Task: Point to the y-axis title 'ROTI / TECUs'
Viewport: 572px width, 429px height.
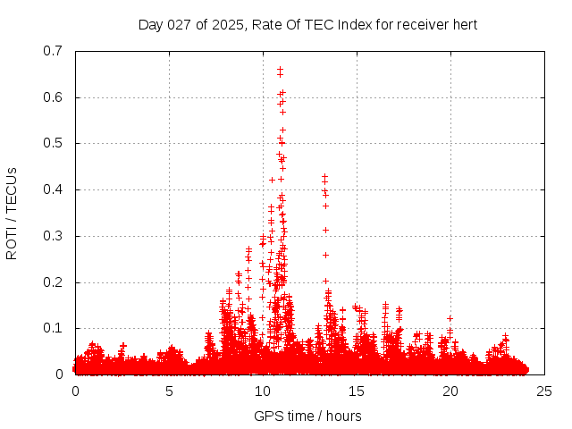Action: [12, 213]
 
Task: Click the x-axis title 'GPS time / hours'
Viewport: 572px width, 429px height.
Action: [307, 416]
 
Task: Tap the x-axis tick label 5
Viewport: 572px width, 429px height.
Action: [169, 391]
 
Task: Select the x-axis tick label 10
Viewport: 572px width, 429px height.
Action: [263, 391]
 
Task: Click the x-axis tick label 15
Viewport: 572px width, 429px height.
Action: [357, 391]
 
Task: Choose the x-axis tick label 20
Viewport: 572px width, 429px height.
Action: [450, 391]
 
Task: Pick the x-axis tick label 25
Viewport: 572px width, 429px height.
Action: [544, 391]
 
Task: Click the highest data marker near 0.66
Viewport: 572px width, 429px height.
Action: [280, 69]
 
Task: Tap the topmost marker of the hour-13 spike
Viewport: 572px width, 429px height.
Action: [324, 177]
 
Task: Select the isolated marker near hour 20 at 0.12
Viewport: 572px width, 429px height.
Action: [450, 318]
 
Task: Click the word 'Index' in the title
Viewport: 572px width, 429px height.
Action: [356, 24]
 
